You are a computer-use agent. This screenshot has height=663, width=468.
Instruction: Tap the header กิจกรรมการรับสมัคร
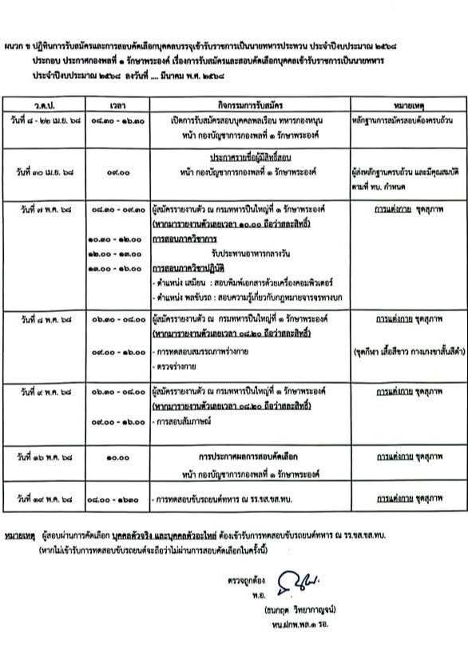(248, 105)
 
